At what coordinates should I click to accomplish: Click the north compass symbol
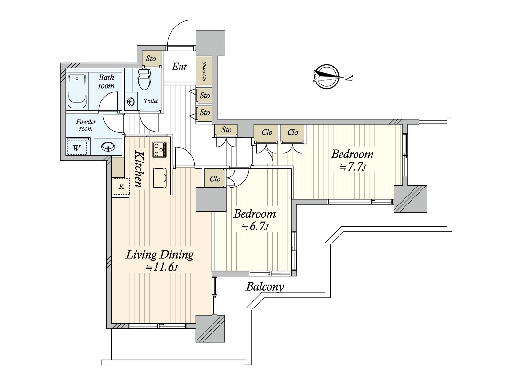327,76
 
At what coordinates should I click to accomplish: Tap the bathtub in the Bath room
77,92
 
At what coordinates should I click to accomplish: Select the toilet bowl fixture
144,78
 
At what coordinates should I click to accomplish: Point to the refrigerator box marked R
121,186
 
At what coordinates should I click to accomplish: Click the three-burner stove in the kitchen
160,149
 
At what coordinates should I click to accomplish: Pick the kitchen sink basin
160,178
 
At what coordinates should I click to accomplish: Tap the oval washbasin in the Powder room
108,147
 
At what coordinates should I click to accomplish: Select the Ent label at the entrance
180,67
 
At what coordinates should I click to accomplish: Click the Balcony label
265,286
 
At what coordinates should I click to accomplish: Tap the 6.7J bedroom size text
255,226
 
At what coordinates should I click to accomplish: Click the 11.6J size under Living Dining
161,268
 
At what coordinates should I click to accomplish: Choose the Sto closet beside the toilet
151,59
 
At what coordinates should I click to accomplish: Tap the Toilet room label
151,101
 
